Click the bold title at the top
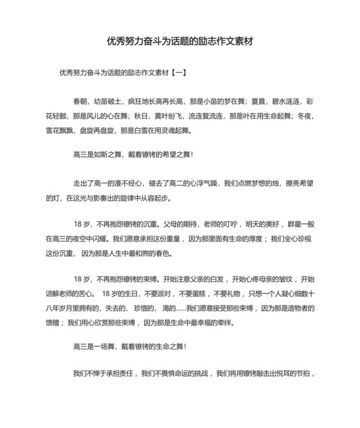click(180, 41)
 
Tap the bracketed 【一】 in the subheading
click(177, 73)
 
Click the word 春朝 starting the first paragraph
click(81, 102)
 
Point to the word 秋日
click(141, 116)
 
